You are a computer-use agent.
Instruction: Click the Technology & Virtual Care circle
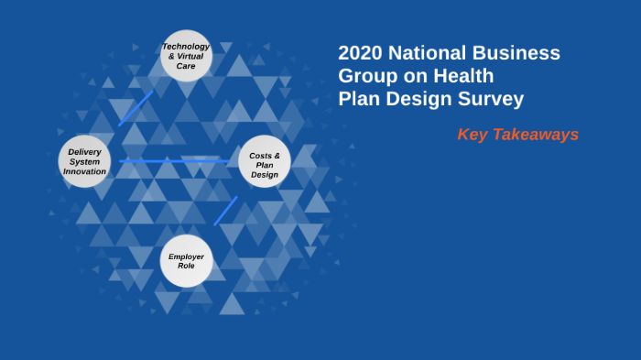coord(187,56)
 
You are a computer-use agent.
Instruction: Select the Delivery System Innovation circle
coord(84,161)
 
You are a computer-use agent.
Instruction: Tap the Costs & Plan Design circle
coord(265,162)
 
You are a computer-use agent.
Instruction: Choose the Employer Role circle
coord(186,261)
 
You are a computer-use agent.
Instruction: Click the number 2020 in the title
coord(360,53)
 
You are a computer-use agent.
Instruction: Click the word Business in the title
coord(517,53)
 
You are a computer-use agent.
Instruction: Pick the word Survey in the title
coord(493,99)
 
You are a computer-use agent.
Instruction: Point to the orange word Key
coord(473,135)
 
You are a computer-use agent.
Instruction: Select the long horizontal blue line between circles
coord(174,161)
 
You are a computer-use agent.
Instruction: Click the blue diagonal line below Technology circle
coord(136,107)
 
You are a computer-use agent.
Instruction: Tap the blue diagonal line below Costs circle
coord(225,211)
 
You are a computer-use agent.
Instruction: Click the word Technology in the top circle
coord(186,46)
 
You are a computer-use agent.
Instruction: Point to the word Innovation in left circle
coord(84,171)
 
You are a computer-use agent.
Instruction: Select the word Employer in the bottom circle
coord(186,256)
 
